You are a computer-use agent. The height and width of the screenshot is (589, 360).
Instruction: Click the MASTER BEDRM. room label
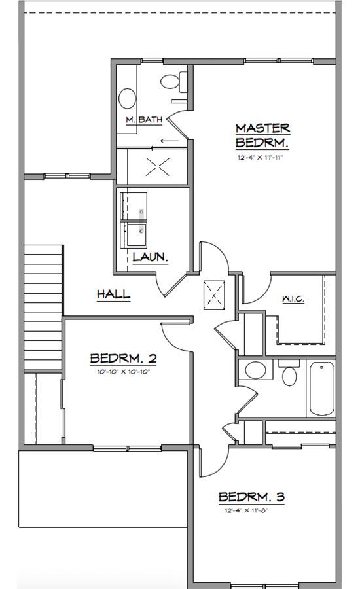click(262, 135)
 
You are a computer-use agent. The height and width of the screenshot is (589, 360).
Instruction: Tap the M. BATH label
click(144, 120)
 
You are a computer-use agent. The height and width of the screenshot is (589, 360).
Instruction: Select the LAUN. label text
click(150, 257)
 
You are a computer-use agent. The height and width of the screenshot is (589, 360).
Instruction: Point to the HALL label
click(113, 294)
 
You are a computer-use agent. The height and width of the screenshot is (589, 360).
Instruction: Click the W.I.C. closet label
click(293, 299)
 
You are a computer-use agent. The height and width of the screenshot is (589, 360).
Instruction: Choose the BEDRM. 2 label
click(123, 359)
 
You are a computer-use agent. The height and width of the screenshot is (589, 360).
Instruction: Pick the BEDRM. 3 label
click(251, 497)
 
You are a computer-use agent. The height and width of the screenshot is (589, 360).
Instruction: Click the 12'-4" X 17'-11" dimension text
click(260, 158)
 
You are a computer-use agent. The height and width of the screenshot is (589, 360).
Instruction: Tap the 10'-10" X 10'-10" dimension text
click(124, 372)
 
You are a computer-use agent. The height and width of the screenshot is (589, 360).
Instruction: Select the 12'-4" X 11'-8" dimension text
click(247, 510)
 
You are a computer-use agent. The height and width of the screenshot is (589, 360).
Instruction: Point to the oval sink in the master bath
click(128, 98)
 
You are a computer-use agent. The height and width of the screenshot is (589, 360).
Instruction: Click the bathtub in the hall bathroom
click(322, 388)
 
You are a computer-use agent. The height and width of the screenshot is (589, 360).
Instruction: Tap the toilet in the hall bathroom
click(289, 372)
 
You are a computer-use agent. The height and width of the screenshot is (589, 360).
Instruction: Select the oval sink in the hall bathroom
click(255, 370)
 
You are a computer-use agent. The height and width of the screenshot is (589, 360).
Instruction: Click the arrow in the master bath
click(169, 141)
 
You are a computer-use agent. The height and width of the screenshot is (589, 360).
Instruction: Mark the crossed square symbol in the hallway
click(214, 295)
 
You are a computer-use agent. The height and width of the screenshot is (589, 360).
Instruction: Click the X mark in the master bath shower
click(158, 167)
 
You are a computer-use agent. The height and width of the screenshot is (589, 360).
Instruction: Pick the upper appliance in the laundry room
click(134, 206)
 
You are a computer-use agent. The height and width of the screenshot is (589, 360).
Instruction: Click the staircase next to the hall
click(43, 308)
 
